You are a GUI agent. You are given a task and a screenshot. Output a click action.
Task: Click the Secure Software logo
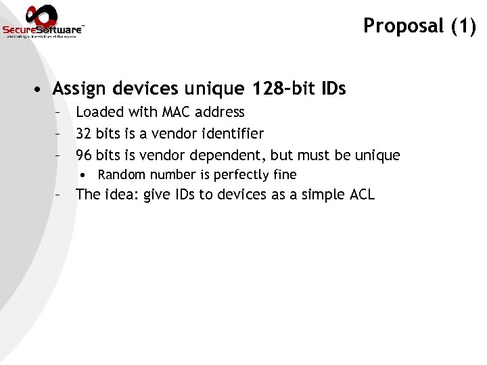click(x=43, y=22)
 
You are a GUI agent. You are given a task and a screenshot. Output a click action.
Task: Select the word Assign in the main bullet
click(x=78, y=89)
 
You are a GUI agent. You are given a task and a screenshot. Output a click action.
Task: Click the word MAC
click(x=177, y=112)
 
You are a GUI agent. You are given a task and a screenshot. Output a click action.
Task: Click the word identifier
click(x=230, y=134)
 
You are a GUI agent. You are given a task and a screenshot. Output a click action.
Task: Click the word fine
click(x=285, y=175)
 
